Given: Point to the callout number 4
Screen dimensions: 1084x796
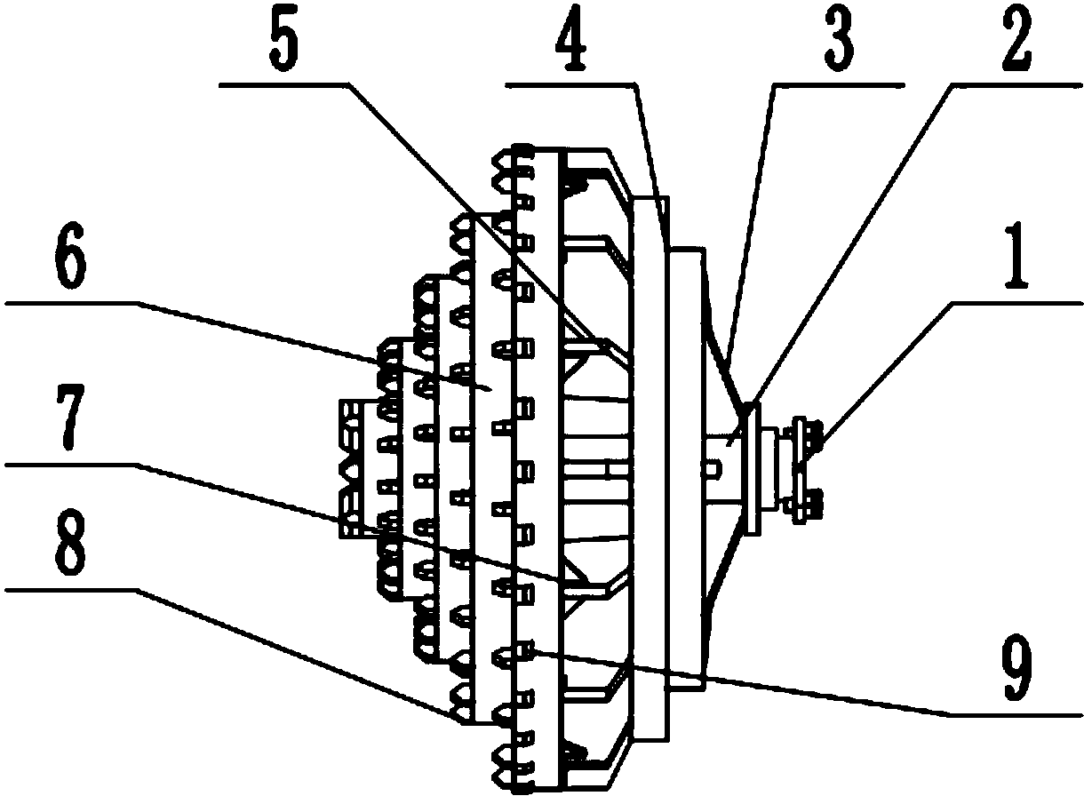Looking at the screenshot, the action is pos(571,44).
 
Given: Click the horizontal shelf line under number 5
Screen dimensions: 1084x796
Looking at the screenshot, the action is pos(284,85).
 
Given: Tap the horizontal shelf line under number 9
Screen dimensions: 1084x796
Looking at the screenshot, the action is pos(1015,715).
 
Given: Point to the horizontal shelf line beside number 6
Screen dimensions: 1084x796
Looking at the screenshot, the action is pos(73,304).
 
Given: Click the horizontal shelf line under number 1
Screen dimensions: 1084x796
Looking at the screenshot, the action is pos(1016,304).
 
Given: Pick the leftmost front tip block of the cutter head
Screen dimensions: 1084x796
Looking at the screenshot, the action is pos(350,468).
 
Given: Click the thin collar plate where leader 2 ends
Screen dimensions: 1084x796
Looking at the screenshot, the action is pos(753,468).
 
